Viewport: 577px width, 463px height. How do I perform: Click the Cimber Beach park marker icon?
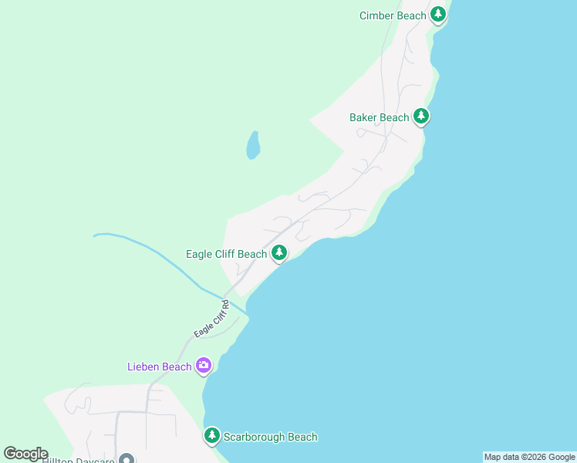(x=438, y=15)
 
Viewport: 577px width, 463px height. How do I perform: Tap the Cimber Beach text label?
(x=393, y=15)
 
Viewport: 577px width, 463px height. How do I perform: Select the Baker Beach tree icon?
(x=420, y=117)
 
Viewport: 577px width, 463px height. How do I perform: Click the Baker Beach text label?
(x=379, y=117)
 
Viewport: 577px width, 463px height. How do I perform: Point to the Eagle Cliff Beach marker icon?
(x=278, y=252)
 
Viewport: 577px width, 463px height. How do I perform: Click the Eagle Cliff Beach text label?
(x=226, y=254)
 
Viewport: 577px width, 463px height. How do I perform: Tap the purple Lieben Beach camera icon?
(x=204, y=365)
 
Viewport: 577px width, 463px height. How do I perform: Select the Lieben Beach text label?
(x=159, y=367)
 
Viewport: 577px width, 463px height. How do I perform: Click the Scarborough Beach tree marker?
(x=212, y=436)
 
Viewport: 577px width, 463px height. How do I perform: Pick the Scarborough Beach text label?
(x=270, y=437)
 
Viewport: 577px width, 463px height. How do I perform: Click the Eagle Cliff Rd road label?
(x=211, y=319)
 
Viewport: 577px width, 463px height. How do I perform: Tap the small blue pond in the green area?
(x=252, y=144)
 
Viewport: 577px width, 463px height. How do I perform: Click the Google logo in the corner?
(x=25, y=454)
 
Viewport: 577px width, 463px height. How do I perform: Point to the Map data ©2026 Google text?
(x=529, y=457)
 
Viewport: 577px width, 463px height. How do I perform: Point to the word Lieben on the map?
(x=144, y=367)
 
